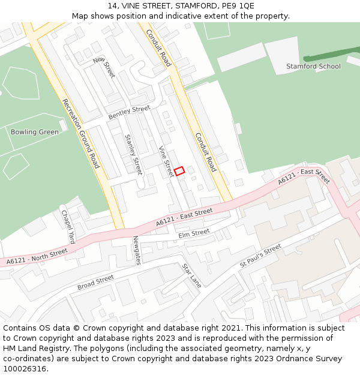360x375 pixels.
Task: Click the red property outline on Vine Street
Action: coord(179,170)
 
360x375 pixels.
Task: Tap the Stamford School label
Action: coord(313,66)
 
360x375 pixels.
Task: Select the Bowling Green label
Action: coord(35,132)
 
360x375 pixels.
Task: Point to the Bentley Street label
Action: coord(129,112)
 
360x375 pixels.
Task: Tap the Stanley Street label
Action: coord(133,154)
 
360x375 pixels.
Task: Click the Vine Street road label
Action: coord(166,161)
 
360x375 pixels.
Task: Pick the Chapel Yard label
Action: coord(68,226)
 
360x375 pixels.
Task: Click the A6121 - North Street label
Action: coord(37,256)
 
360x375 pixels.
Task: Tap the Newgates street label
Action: coord(137,250)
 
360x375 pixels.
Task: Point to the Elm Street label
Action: coord(194,233)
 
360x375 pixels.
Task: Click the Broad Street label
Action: coord(95,283)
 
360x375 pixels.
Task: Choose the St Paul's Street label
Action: coord(260,256)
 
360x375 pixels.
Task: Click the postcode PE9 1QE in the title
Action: coord(238,6)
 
